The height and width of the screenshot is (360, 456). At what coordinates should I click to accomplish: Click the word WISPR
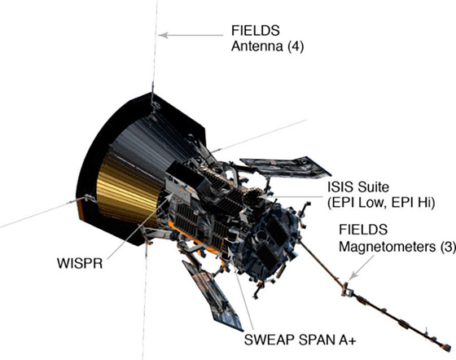(x=80, y=263)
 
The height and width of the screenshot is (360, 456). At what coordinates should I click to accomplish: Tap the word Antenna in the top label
(x=256, y=46)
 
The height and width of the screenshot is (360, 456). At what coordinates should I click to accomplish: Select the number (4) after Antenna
(x=296, y=46)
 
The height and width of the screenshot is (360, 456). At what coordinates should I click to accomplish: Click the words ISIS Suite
(x=358, y=187)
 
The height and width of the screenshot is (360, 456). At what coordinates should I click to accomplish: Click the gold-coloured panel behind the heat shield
(x=126, y=192)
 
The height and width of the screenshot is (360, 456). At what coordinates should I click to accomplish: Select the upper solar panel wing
(x=285, y=167)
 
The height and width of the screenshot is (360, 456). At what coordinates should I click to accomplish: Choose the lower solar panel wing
(x=213, y=295)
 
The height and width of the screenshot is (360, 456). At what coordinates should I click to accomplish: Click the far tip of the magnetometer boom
(x=448, y=348)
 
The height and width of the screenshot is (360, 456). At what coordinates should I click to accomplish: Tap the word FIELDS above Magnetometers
(x=363, y=230)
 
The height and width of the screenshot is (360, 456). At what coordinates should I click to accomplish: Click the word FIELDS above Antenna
(x=256, y=30)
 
